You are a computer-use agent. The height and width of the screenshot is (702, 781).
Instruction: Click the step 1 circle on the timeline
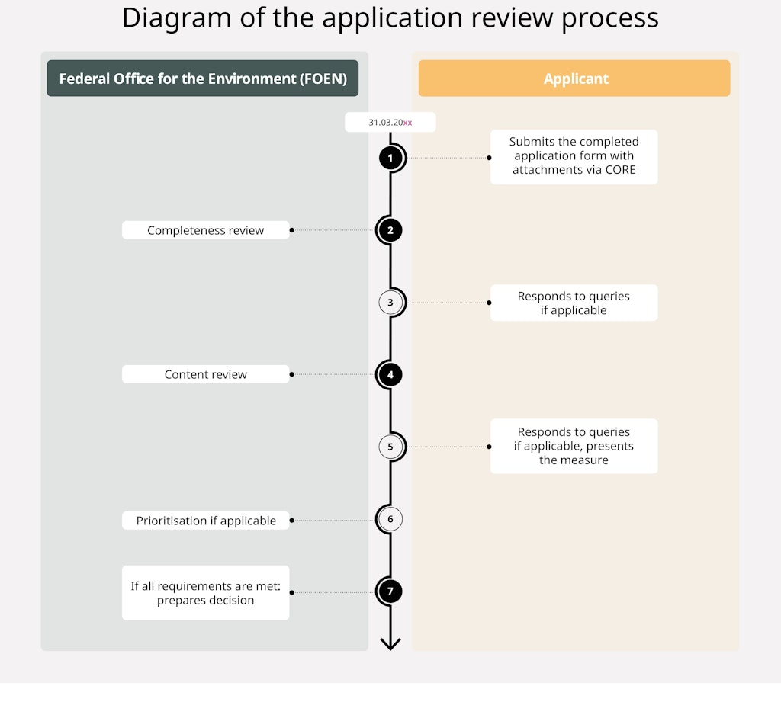(x=390, y=159)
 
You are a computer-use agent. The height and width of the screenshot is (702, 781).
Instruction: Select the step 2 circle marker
(x=390, y=230)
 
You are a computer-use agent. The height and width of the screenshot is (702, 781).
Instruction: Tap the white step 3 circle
(x=390, y=303)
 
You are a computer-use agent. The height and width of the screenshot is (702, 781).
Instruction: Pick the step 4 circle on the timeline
(x=390, y=374)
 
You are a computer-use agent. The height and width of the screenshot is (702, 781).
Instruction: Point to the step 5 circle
(x=390, y=447)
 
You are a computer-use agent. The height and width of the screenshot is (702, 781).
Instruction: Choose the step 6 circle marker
(x=390, y=520)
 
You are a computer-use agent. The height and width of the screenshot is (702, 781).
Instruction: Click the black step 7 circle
(x=390, y=591)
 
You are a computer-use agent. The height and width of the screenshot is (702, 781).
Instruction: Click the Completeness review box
(x=206, y=230)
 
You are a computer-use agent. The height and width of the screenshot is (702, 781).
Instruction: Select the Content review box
(x=206, y=374)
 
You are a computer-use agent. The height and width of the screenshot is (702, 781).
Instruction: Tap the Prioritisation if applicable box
(x=206, y=521)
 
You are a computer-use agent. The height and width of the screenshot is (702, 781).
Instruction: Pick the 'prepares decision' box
(x=206, y=593)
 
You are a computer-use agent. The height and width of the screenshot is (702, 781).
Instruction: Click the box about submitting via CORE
(x=574, y=156)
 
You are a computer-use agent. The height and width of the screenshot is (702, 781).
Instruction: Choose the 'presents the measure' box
(x=574, y=446)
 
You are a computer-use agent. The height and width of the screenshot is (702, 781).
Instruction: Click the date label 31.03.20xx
(x=390, y=122)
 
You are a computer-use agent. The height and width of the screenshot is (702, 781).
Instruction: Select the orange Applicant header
(x=574, y=79)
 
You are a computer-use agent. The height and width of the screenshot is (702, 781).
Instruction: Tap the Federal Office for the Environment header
(x=202, y=79)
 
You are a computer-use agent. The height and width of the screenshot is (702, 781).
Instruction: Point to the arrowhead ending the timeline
(x=390, y=644)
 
